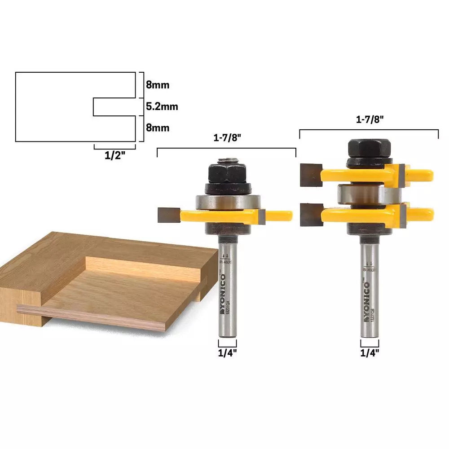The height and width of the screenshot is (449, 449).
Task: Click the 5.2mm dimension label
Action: [162, 107]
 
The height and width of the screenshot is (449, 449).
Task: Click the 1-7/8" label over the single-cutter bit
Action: [226, 138]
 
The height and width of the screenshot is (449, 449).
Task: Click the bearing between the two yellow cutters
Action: [365, 194]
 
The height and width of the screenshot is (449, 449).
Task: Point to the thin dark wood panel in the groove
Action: [90, 317]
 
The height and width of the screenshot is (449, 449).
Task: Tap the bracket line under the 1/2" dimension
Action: [114, 147]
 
